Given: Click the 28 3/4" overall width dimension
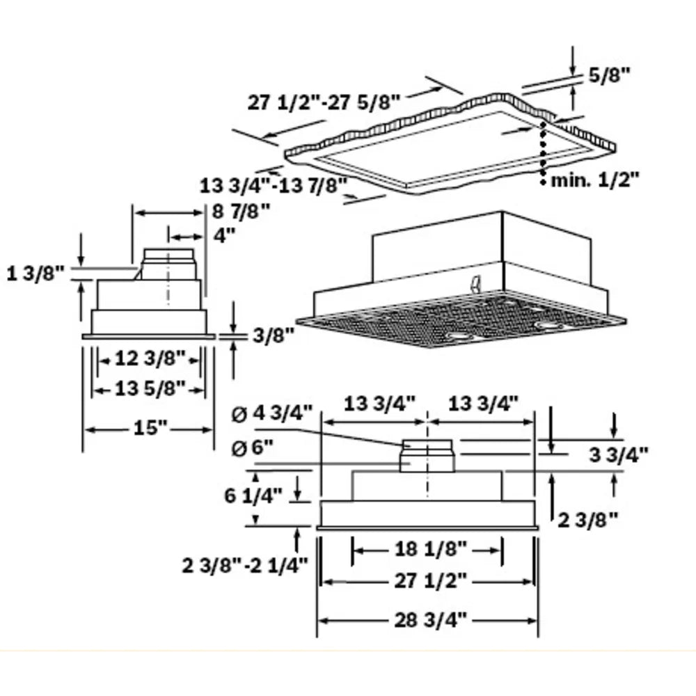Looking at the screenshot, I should (427, 619).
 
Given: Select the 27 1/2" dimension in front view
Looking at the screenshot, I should (427, 580).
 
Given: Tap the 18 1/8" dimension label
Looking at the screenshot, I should (427, 549).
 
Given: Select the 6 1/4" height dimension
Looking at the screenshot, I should (253, 496).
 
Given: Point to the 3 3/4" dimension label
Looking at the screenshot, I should (619, 455).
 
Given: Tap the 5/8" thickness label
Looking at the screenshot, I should (610, 75).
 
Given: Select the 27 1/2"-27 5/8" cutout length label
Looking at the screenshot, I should (324, 102).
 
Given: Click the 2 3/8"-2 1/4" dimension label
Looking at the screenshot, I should (245, 565).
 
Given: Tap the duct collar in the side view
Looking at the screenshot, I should (169, 264).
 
